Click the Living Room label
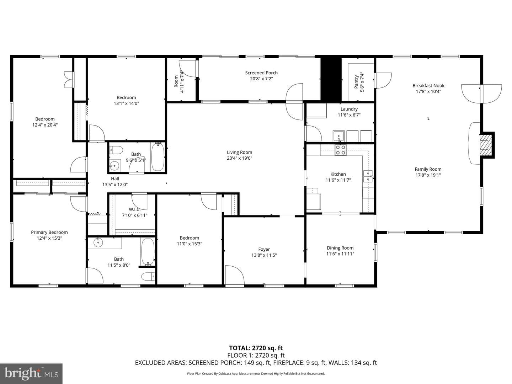[x=239, y=152]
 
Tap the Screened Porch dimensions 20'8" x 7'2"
[x=261, y=79]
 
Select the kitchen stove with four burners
[x=340, y=150]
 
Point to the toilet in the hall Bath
[x=116, y=150]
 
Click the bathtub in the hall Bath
[x=158, y=157]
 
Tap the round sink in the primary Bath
[x=98, y=243]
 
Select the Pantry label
[x=356, y=82]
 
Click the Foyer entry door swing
[x=234, y=275]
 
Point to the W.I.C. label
[x=135, y=209]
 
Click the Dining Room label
[x=340, y=248]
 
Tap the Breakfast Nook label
[x=428, y=86]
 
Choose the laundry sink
[x=338, y=136]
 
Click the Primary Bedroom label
[x=49, y=232]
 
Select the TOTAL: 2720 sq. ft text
[x=256, y=348]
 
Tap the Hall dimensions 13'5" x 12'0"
[x=115, y=185]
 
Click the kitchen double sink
[x=368, y=176]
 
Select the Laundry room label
[x=349, y=109]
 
